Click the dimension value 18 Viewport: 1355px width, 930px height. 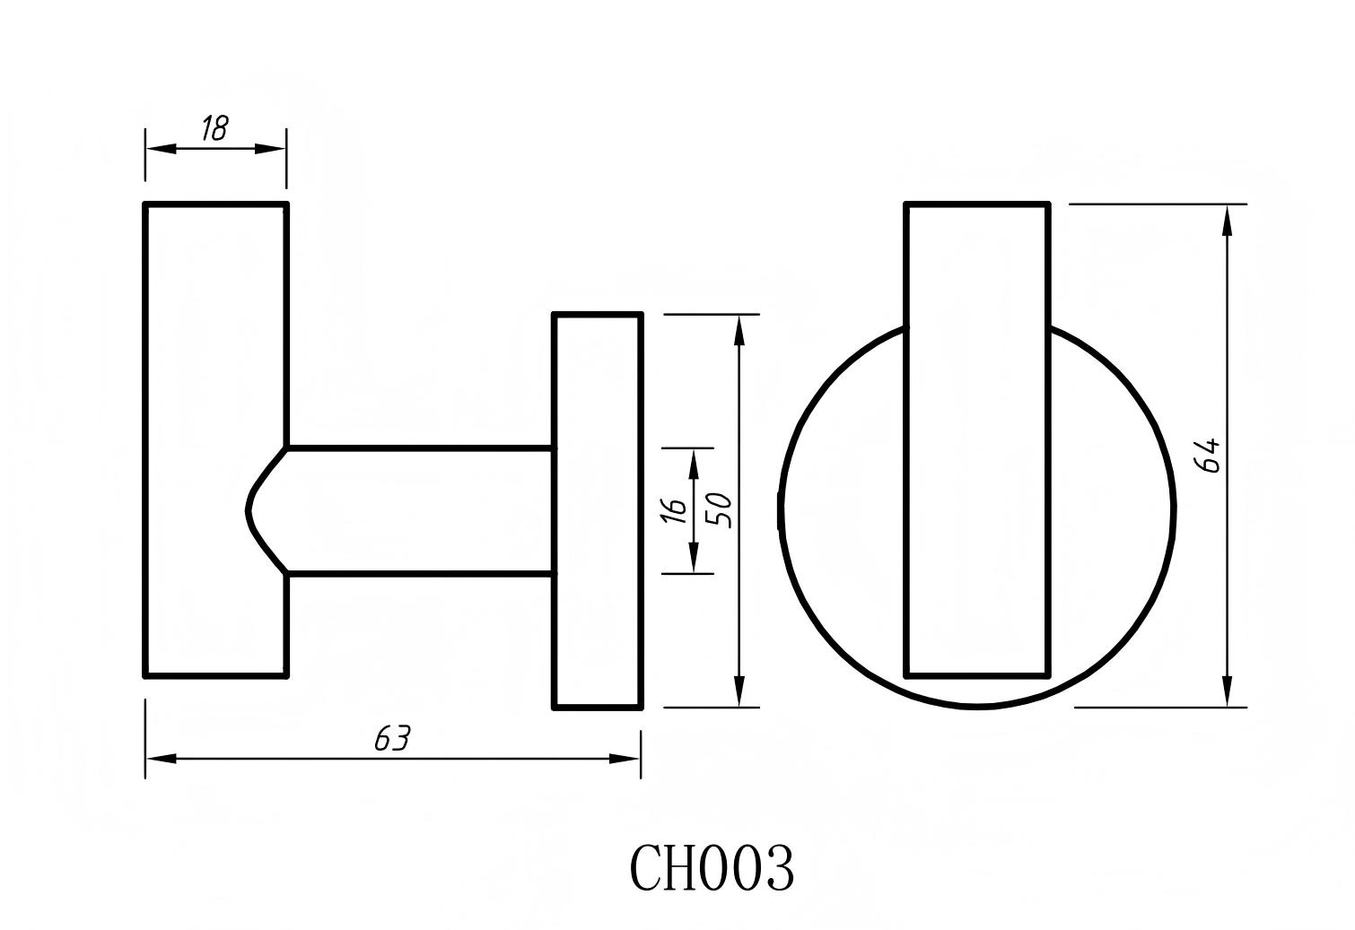[214, 128]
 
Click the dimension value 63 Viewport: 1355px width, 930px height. [392, 739]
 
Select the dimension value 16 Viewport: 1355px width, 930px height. [675, 509]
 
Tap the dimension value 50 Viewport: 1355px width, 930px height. [721, 510]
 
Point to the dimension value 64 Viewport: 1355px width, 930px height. [1208, 455]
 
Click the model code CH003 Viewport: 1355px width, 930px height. [712, 868]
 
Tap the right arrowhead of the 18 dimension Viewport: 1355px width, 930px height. [273, 149]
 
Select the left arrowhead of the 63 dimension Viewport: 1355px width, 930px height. [160, 759]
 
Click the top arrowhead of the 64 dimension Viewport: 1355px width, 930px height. [1227, 220]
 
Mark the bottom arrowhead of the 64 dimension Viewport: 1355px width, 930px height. [1227, 691]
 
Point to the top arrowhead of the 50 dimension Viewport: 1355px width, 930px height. [739, 329]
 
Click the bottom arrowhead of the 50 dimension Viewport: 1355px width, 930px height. [739, 691]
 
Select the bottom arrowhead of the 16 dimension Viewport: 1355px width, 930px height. [694, 559]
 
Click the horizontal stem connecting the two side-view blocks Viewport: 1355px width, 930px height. [417, 510]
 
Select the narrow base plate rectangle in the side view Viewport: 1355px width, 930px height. [598, 510]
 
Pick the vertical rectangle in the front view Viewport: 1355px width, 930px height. [977, 439]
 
